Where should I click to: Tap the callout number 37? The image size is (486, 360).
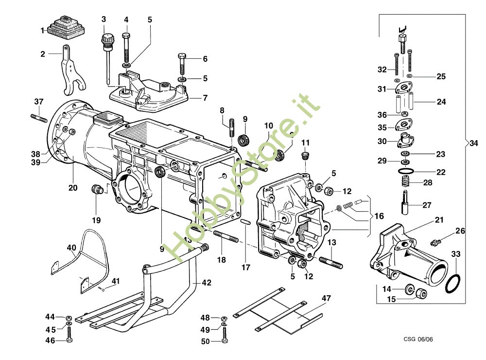pyautogui.click(x=39, y=102)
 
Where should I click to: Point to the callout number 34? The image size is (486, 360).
pyautogui.click(x=474, y=144)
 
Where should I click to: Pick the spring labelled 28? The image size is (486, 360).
pyautogui.click(x=405, y=183)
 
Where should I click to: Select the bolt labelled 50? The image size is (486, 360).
pyautogui.click(x=225, y=335)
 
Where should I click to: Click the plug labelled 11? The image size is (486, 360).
pyautogui.click(x=305, y=156)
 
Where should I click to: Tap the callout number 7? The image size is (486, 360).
pyautogui.click(x=205, y=98)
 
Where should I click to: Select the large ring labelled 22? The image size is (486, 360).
pyautogui.click(x=405, y=172)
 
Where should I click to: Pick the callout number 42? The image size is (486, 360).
pyautogui.click(x=207, y=282)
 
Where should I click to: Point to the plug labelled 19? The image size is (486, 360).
pyautogui.click(x=97, y=189)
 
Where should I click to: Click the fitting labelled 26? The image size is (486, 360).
pyautogui.click(x=437, y=241)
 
